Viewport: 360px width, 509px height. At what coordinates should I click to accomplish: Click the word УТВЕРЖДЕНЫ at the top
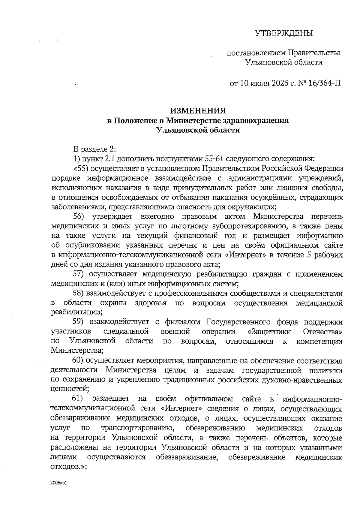pos(284,33)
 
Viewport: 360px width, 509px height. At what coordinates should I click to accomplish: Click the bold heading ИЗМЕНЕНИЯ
pos(198,111)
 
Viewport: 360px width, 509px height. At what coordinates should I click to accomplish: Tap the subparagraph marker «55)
pos(81,168)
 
